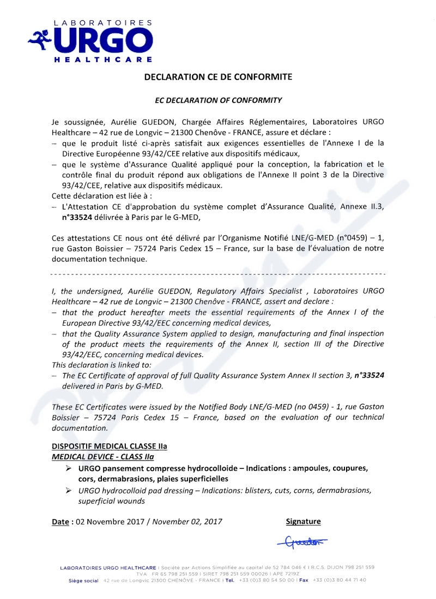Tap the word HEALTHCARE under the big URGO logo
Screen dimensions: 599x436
pyautogui.click(x=103, y=58)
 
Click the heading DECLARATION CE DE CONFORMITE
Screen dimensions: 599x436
pyautogui.click(x=218, y=77)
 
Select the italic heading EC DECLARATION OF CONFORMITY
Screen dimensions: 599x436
pyautogui.click(x=218, y=100)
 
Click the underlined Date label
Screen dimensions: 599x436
pyautogui.click(x=60, y=522)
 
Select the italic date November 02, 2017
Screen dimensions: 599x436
pyautogui.click(x=187, y=522)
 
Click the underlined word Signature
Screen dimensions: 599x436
pyautogui.click(x=304, y=522)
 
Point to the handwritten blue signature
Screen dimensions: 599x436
pyautogui.click(x=301, y=541)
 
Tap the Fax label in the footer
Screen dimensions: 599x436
pyautogui.click(x=304, y=580)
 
